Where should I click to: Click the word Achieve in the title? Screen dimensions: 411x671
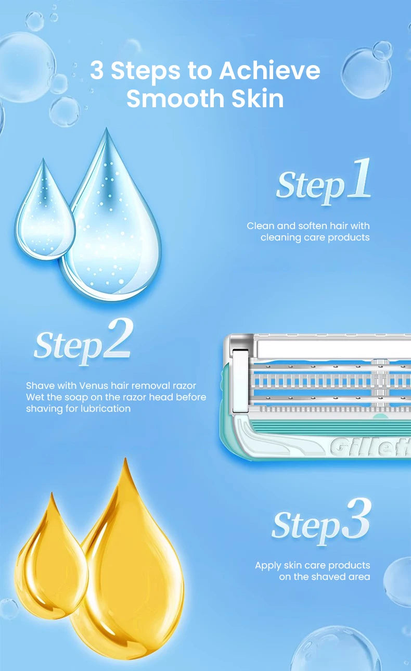269,70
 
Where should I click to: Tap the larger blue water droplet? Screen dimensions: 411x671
112,222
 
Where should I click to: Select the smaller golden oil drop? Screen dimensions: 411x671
51,560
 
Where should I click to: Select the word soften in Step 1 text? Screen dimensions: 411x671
313,226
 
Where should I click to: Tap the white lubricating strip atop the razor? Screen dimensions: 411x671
334,348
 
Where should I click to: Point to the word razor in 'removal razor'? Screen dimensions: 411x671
184,386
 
